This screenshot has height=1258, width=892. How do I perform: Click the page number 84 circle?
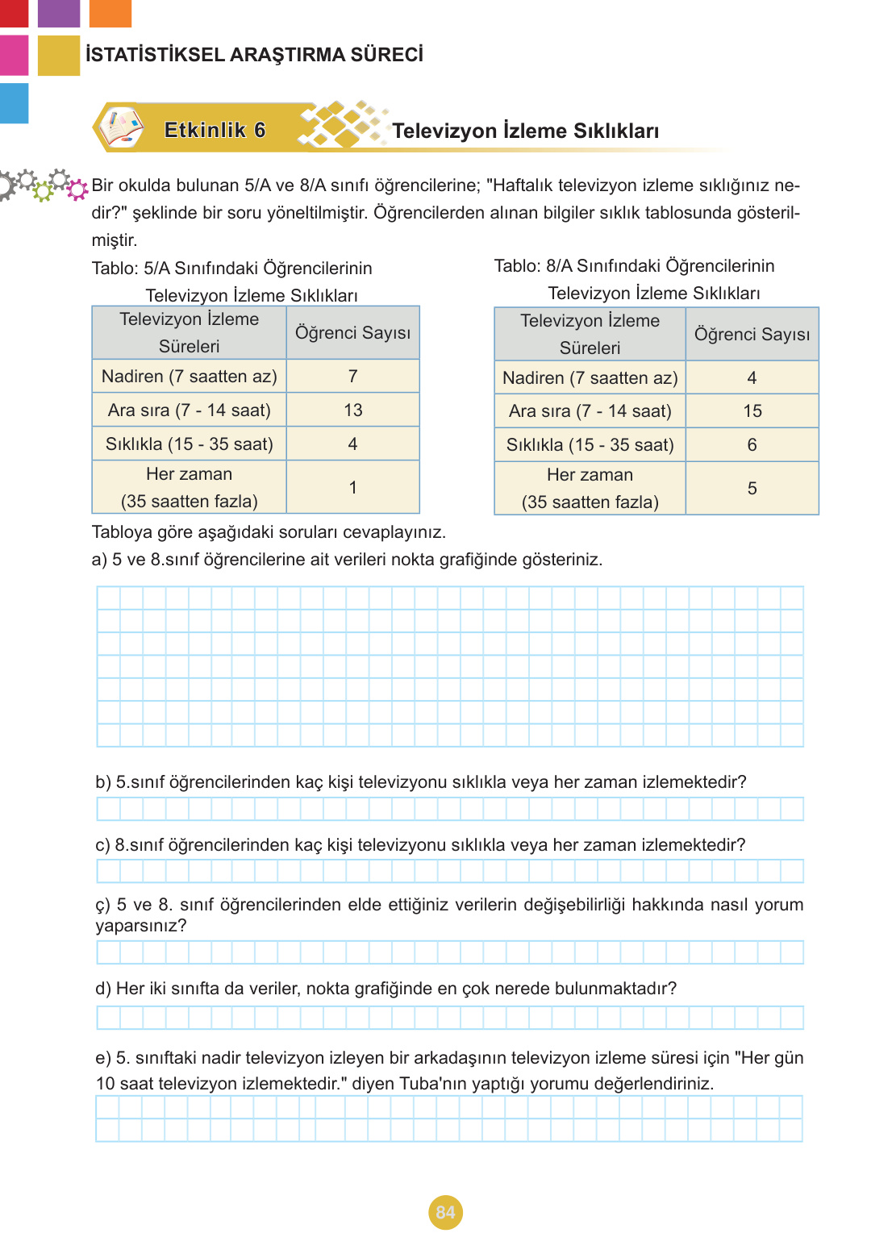pos(445,1212)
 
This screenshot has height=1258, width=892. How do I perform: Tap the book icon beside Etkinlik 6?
pos(121,128)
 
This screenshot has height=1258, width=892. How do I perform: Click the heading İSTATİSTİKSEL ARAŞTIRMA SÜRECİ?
pos(254,55)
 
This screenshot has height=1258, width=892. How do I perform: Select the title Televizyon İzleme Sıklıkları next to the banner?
pos(525,131)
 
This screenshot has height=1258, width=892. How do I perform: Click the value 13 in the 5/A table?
pos(352,410)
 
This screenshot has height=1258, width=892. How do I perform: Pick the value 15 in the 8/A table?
pos(752,411)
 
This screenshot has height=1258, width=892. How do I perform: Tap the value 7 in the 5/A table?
pos(352,377)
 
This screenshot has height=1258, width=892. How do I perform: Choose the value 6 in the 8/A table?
pos(752,445)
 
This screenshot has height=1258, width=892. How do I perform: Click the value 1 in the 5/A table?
pos(352,488)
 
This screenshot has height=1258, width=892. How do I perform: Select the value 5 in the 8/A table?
pos(752,489)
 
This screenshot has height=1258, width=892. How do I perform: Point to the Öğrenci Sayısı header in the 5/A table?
pos(352,333)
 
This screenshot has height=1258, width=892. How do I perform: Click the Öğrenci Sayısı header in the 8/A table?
pos(752,335)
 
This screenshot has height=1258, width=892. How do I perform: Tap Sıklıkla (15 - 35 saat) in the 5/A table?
pos(190,444)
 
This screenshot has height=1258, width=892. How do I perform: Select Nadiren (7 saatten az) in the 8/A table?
pos(590,378)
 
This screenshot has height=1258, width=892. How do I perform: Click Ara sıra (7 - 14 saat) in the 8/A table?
pos(590,411)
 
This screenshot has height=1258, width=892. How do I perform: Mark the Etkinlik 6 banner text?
pos(215,131)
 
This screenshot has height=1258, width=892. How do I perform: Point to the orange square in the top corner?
pos(110,13)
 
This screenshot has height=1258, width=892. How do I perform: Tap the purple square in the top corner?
pos(59,13)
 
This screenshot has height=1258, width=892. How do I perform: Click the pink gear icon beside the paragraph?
pos(77,190)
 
